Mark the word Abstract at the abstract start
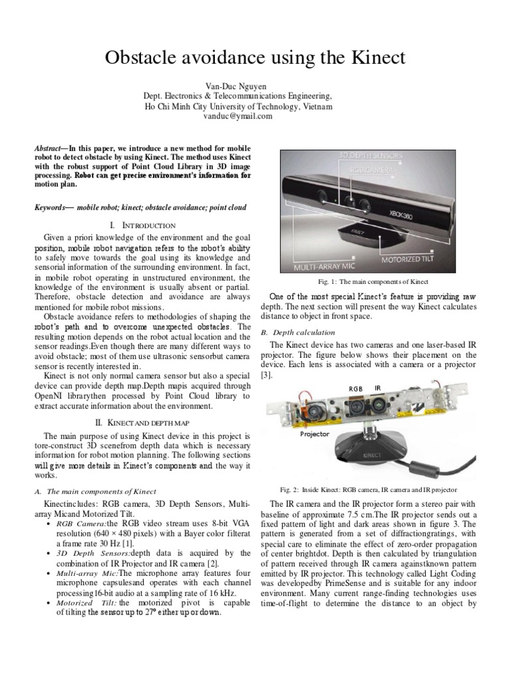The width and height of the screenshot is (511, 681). (50, 148)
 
